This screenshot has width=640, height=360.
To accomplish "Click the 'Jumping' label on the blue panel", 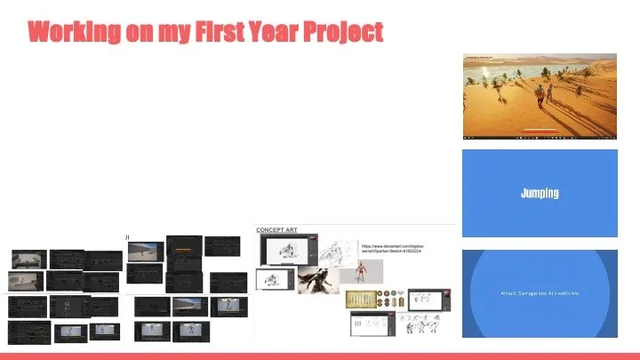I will (540, 193).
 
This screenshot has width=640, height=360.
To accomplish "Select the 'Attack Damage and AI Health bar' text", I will (540, 292).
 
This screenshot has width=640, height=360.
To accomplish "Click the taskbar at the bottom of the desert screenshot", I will (540, 137).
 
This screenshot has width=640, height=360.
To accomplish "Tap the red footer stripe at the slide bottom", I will (320, 356).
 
